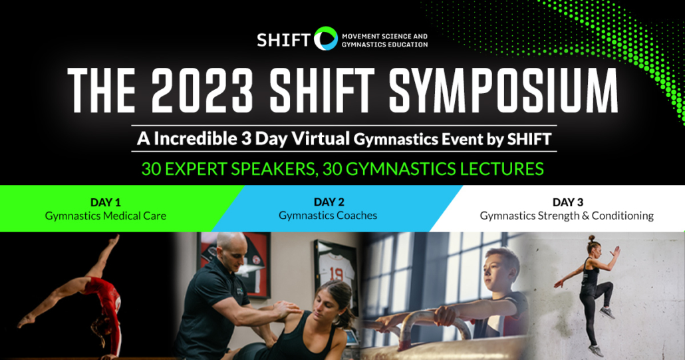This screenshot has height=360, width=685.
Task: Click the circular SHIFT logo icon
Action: click(326, 39)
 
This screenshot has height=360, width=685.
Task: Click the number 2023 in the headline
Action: click(203, 91)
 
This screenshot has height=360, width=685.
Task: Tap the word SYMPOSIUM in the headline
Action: click(503, 91)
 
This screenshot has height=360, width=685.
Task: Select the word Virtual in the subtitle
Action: click(321, 139)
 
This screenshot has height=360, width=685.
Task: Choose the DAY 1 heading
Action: click(105, 202)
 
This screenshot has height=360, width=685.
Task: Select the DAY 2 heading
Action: click(329, 202)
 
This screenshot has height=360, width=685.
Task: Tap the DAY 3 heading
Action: click(567, 202)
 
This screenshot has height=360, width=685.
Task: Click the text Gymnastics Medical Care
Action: click(105, 216)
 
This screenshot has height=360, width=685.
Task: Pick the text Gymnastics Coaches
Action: click(328, 216)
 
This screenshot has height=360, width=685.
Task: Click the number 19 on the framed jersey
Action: click(336, 274)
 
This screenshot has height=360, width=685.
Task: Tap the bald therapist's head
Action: click(231, 248)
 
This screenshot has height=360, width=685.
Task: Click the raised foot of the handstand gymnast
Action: click(114, 240)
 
